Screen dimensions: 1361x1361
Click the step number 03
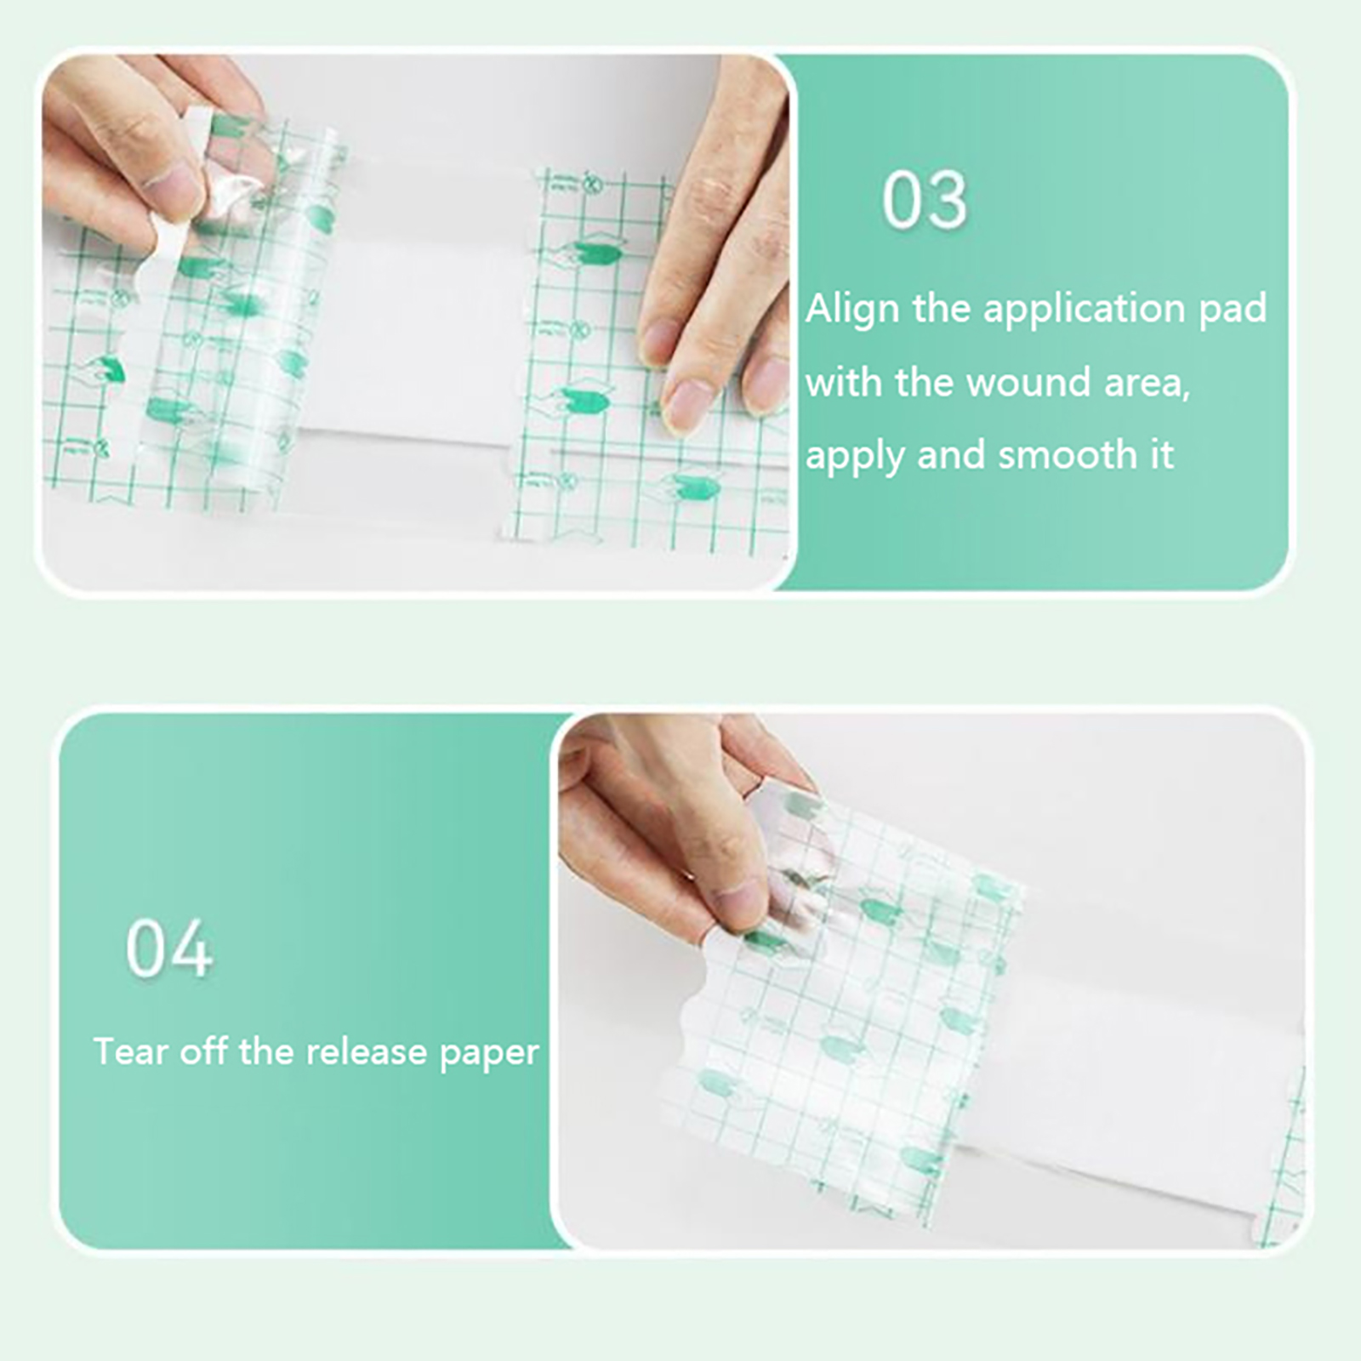pyautogui.click(x=925, y=200)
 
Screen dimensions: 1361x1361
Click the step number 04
pyautogui.click(x=169, y=948)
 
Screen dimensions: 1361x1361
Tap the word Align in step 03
pyautogui.click(x=853, y=309)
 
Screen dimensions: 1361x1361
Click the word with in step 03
pyautogui.click(x=844, y=382)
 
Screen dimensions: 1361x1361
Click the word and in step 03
pyautogui.click(x=952, y=455)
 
